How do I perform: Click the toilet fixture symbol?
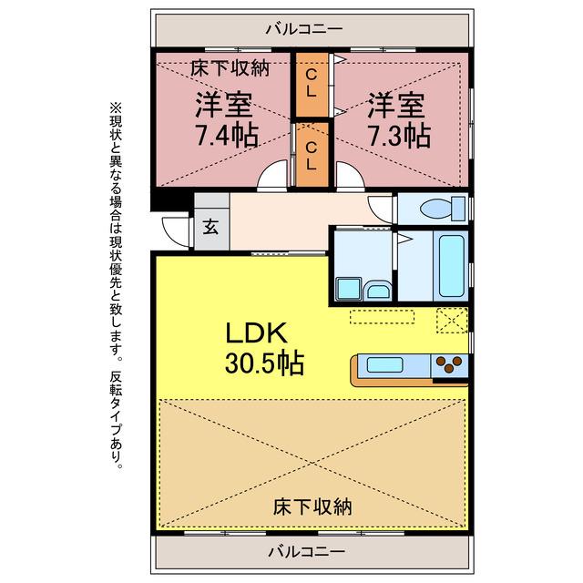(443, 209)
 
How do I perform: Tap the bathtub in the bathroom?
(452, 265)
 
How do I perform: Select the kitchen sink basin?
(384, 364)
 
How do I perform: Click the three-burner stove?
(449, 363)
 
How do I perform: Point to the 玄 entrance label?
(210, 227)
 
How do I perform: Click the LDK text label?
(256, 332)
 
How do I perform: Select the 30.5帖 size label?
(264, 363)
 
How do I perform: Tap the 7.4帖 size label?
(227, 135)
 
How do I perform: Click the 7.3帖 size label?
(399, 136)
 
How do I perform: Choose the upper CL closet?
(312, 84)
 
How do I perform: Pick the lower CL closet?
(312, 155)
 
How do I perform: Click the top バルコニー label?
(304, 29)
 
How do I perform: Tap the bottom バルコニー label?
(307, 552)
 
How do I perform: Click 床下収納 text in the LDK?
(312, 506)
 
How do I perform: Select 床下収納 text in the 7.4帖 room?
(230, 68)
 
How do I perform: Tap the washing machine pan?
(349, 288)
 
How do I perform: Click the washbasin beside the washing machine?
(377, 290)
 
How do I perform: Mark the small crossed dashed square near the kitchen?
(452, 320)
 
